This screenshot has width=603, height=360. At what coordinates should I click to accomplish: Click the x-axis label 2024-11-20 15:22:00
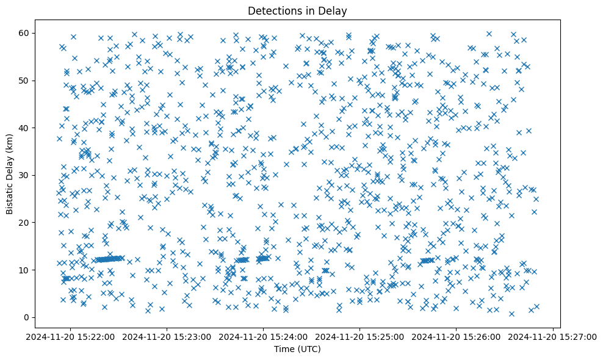click(70, 336)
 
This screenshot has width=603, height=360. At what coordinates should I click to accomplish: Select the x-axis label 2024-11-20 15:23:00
click(167, 336)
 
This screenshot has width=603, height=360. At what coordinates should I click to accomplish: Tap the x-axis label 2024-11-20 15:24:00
click(263, 336)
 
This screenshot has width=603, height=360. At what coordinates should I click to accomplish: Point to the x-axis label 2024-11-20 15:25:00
click(360, 336)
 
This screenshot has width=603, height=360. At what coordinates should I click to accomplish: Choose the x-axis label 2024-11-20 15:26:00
click(457, 336)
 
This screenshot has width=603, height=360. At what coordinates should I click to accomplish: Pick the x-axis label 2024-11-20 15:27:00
click(553, 336)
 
